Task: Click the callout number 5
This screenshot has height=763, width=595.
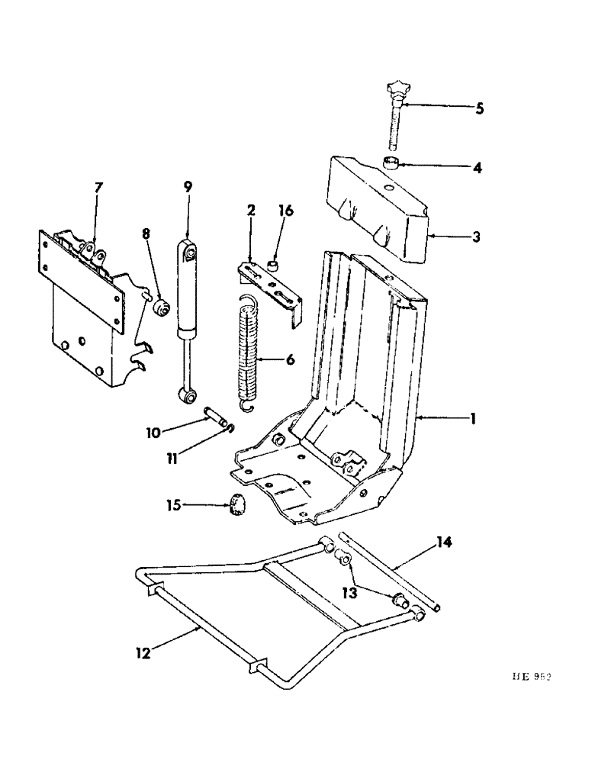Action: pyautogui.click(x=479, y=108)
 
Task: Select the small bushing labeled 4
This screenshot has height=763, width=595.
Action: pyautogui.click(x=392, y=163)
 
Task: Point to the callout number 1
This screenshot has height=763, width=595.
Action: pyautogui.click(x=474, y=419)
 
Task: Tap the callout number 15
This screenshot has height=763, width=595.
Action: pyautogui.click(x=174, y=505)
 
